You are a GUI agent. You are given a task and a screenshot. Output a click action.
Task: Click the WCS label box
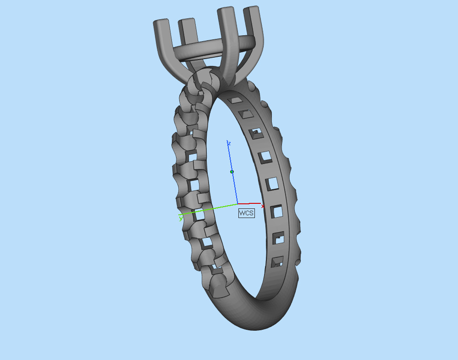[x=246, y=213]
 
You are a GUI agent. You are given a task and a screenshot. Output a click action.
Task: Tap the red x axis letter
[x=263, y=207]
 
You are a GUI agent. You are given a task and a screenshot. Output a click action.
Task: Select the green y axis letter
[x=181, y=218]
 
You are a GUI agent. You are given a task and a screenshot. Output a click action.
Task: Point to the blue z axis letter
[x=229, y=143]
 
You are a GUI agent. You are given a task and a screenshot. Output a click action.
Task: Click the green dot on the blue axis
[x=232, y=172]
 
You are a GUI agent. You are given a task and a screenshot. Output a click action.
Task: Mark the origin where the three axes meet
[x=237, y=203]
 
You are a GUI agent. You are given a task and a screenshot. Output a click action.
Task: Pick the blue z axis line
[x=234, y=183]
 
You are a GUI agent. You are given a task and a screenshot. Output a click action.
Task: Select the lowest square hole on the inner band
[x=276, y=262]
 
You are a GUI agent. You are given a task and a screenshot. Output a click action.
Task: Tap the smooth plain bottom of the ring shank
[x=248, y=316]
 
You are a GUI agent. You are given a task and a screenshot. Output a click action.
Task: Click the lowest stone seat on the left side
[x=219, y=286]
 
